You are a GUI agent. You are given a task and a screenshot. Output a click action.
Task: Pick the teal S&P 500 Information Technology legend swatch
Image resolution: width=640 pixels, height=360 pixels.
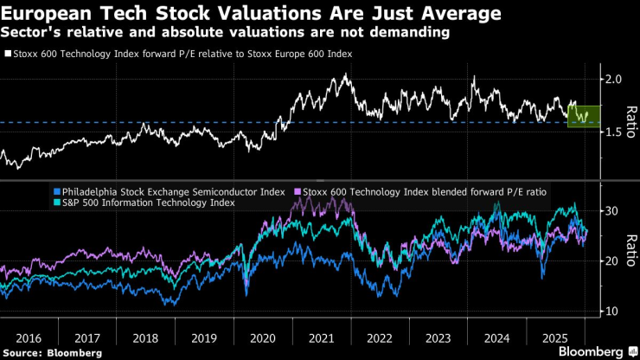57,202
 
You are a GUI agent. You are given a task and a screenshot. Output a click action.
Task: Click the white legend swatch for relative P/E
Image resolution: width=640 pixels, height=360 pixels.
8,54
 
